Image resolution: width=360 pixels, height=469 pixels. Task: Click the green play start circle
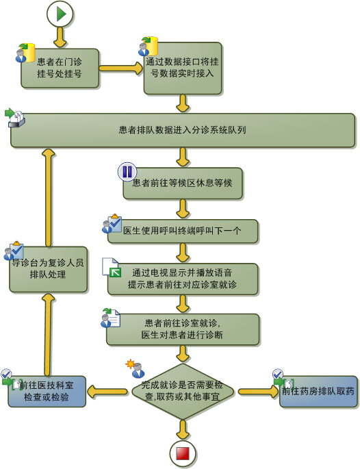(x=60, y=14)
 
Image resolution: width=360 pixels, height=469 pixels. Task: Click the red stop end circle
(x=183, y=454)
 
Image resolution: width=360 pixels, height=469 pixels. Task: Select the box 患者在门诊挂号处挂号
(x=60, y=68)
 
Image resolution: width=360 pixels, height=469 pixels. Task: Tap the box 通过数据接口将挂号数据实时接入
(x=183, y=68)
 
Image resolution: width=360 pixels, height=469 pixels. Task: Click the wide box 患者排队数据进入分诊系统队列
(x=183, y=130)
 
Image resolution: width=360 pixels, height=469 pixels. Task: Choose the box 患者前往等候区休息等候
(x=183, y=183)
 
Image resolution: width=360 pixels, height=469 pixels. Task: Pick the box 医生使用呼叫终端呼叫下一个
(x=183, y=231)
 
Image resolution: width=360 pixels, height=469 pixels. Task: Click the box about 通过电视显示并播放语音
(x=183, y=279)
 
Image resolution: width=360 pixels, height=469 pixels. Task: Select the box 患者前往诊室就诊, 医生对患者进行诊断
(x=183, y=329)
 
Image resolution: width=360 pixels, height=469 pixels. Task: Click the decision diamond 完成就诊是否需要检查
(x=183, y=391)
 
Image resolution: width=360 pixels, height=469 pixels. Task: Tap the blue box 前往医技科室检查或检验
(x=47, y=391)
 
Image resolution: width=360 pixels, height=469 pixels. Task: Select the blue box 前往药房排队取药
(x=318, y=391)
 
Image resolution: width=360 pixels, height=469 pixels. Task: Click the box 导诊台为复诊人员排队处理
(x=49, y=269)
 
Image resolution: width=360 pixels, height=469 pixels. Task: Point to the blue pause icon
(x=127, y=172)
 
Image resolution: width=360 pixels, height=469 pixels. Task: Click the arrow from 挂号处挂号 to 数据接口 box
(x=121, y=68)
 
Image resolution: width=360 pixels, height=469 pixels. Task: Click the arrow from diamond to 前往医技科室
(x=107, y=391)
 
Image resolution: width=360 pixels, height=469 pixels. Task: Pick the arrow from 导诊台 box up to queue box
(x=49, y=197)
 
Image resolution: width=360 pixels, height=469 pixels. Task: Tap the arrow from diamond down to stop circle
(x=183, y=430)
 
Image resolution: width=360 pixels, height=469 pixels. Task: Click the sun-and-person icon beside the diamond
(x=135, y=368)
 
